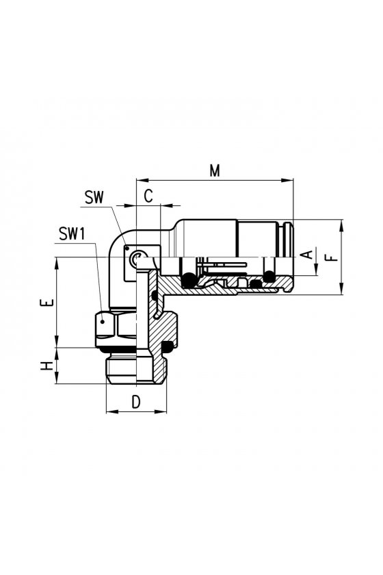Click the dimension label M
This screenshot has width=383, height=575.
pos(215,170)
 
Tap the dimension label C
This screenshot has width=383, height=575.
pos(148,196)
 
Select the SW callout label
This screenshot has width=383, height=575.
pos(94,197)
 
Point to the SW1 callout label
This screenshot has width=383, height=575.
pos(72,233)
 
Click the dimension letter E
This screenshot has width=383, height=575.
pos(47,303)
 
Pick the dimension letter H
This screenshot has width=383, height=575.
pos(47,366)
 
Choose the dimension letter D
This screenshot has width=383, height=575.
pos(136,402)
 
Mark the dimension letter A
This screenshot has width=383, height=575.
pos(308,254)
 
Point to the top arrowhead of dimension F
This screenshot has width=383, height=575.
pos(341,225)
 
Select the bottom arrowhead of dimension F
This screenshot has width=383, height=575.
pos(341,288)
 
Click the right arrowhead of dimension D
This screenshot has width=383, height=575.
pos(161,411)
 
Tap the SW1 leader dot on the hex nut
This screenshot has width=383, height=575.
pos(103,322)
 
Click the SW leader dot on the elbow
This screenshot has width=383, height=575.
pos(127,248)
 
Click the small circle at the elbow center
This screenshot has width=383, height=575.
pos(137,257)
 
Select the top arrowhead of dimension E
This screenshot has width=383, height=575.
pos(57,264)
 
